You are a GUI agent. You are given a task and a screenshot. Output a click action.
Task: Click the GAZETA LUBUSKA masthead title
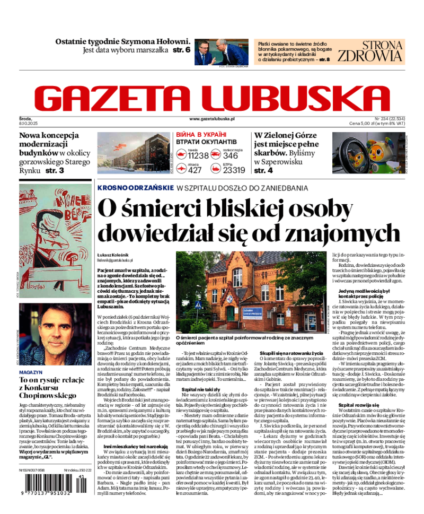pyautogui.click(x=212, y=98)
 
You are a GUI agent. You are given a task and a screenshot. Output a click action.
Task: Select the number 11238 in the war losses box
pyautogui.click(x=199, y=155)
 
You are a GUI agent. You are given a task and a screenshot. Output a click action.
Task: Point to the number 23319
pyautogui.click(x=234, y=170)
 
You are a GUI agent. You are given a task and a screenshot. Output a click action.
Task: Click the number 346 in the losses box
pyautogui.click(x=231, y=155)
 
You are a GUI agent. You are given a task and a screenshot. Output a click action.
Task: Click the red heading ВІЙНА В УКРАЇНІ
pyautogui.click(x=201, y=135)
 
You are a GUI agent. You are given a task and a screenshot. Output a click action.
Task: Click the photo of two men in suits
pyautogui.click(x=222, y=51)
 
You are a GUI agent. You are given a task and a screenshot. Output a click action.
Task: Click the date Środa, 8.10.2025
pyautogui.click(x=25, y=120)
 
